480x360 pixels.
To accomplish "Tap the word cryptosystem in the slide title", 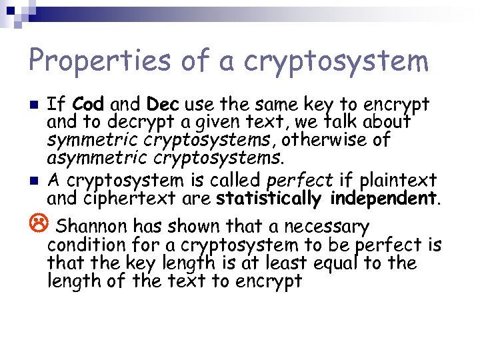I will click(x=337, y=62).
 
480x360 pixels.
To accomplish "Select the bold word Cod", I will click(x=89, y=105).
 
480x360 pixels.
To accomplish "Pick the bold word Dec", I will click(x=163, y=105).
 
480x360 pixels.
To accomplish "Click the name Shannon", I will click(x=93, y=225).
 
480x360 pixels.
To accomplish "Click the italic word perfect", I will click(x=300, y=181).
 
